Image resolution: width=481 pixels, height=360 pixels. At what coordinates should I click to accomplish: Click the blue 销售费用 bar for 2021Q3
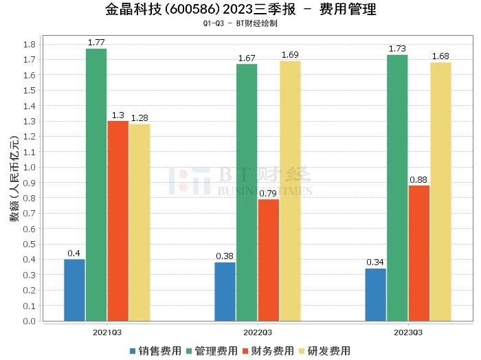tap(74, 290)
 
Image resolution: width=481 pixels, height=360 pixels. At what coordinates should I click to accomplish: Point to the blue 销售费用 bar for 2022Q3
tap(225, 291)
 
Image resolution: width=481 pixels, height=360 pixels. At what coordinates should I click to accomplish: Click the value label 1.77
tap(96, 43)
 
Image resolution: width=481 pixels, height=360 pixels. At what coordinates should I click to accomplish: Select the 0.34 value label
tap(375, 262)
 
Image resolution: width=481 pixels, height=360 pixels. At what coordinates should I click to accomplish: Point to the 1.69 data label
tap(290, 55)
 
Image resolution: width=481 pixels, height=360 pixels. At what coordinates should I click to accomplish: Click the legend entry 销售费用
tap(155, 351)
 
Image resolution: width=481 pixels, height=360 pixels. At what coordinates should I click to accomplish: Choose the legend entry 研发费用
tap(324, 351)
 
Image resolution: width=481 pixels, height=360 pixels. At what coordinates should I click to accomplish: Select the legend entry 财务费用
tap(267, 351)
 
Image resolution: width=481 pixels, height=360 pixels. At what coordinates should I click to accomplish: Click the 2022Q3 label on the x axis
tap(258, 332)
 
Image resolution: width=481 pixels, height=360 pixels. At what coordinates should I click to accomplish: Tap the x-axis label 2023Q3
tap(408, 332)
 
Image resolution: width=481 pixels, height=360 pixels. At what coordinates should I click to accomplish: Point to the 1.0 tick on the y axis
tap(30, 167)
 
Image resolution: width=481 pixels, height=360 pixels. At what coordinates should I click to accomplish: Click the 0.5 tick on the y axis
tap(30, 244)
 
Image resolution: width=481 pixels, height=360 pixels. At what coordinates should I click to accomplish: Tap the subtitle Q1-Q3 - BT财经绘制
tap(240, 23)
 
